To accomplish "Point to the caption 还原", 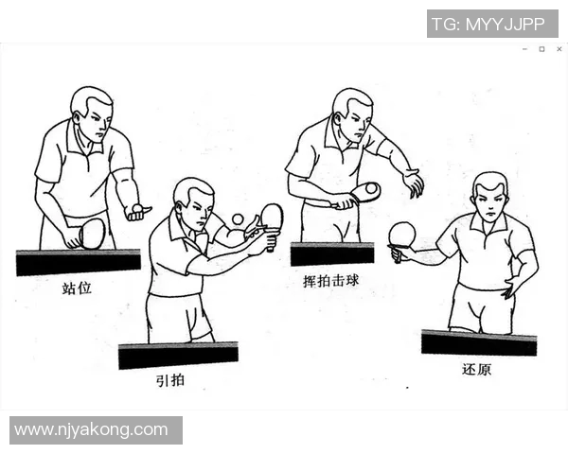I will coord(476,369).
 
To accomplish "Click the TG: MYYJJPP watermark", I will coord(491,24).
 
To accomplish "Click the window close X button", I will coord(559,49).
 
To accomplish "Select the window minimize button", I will coord(525,49).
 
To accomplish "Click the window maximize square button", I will coord(542,49).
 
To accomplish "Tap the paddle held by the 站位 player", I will coord(91,233).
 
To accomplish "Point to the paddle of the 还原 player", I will coord(402,234).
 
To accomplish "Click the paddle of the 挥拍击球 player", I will coord(364,192).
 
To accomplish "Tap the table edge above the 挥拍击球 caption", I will coord(331,253).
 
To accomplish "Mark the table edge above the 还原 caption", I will coord(478,342).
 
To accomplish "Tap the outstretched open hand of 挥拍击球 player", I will coord(413,183).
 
